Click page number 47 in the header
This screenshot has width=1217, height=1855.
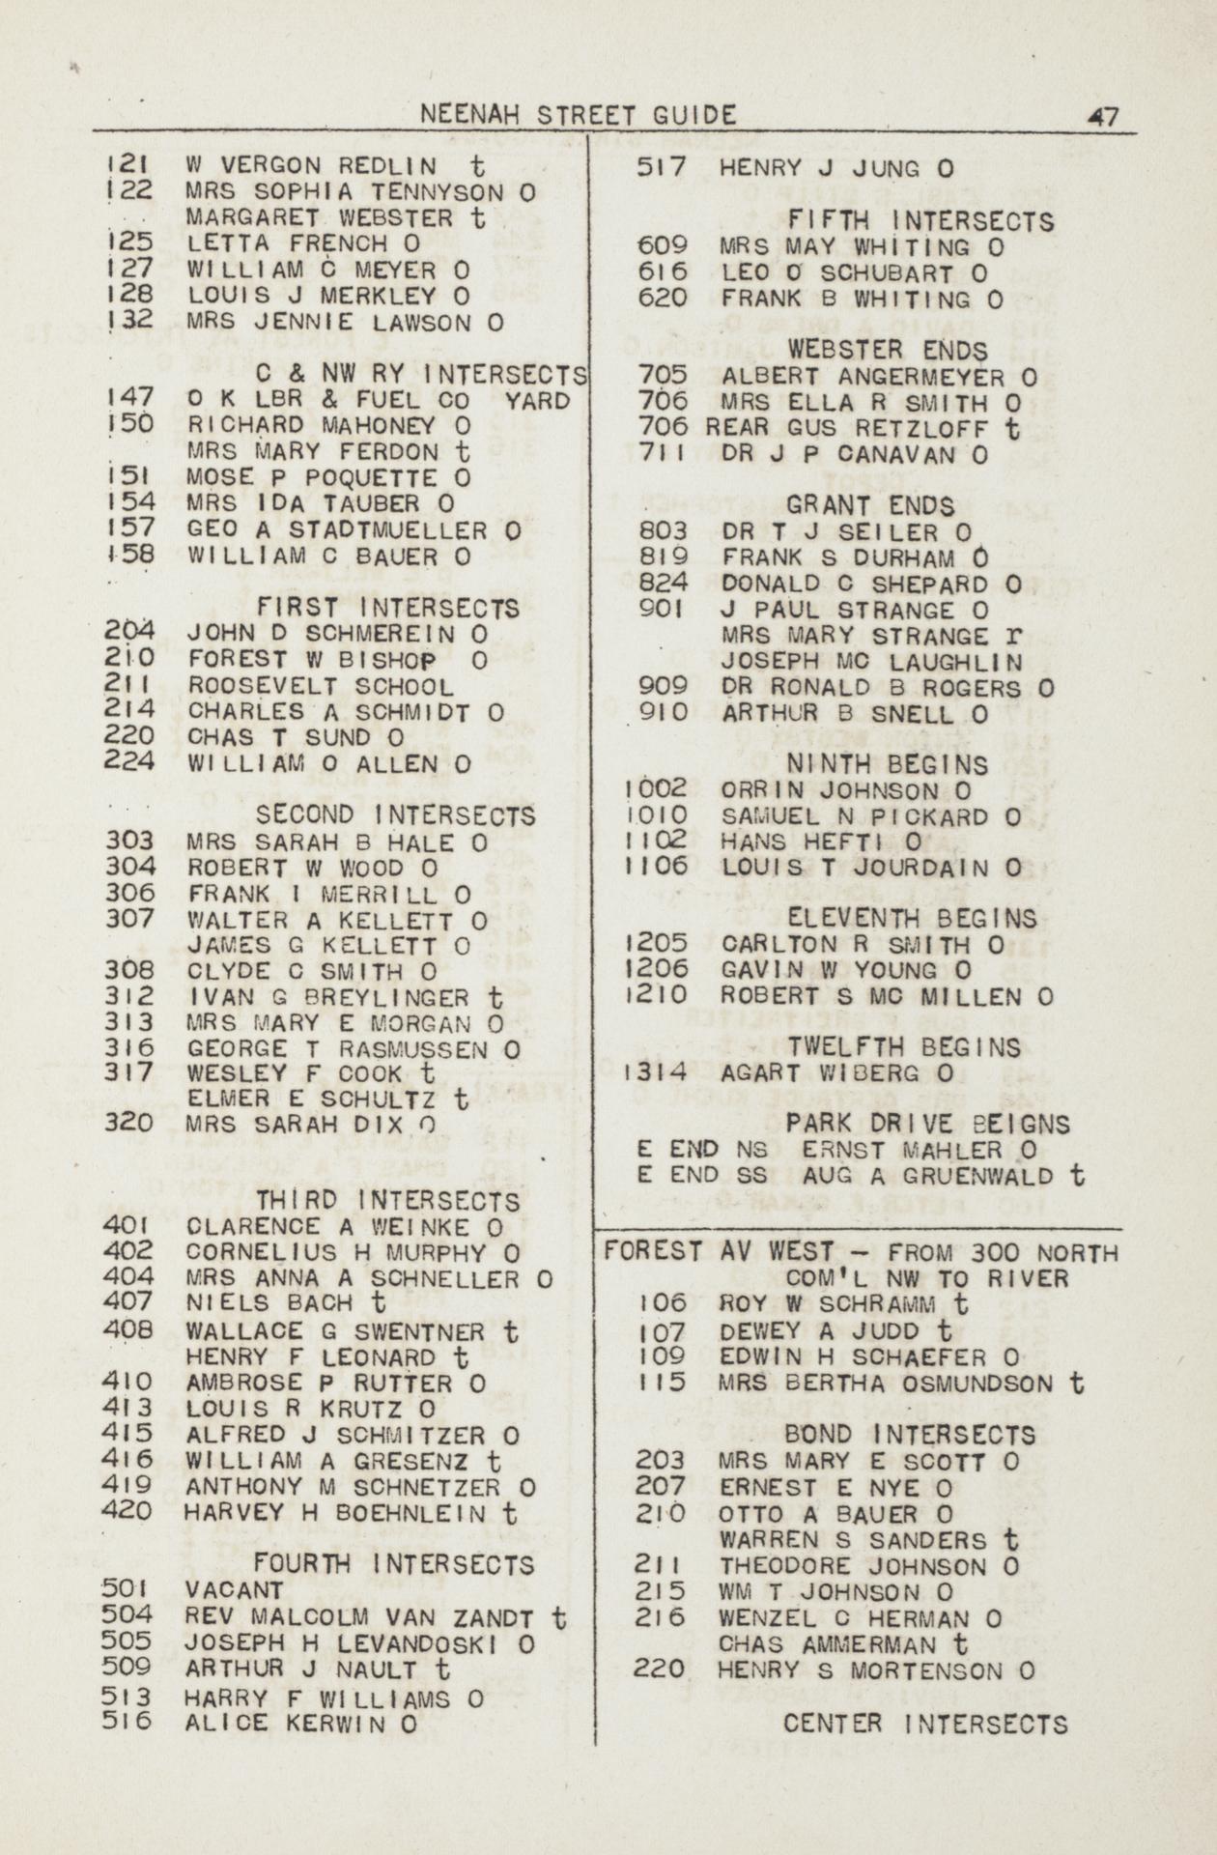1102,117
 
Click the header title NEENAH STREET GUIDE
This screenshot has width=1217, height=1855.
580,115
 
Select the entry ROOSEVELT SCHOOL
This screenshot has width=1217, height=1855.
320,687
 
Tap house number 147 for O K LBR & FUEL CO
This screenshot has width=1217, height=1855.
128,397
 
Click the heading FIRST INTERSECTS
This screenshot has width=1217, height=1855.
387,609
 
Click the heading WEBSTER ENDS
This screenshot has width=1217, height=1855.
888,350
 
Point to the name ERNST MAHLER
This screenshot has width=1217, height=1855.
906,1151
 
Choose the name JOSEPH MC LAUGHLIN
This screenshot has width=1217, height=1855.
871,663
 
